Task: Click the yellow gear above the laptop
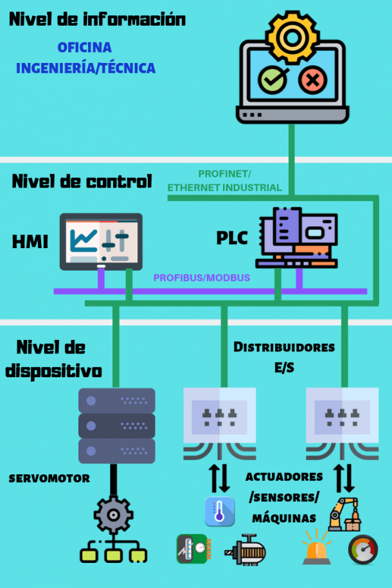[x=293, y=37]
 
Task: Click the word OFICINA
[x=84, y=48]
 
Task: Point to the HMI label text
[x=30, y=242]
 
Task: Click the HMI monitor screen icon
[x=101, y=240]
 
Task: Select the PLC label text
[x=232, y=238]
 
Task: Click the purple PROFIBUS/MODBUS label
[x=201, y=278]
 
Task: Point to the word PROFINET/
[x=224, y=174]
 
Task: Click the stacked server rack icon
[x=116, y=425]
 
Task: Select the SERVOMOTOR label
[x=49, y=479]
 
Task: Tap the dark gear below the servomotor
[x=114, y=515]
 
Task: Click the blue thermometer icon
[x=219, y=512]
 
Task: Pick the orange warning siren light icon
[x=318, y=550]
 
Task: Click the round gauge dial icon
[x=362, y=550]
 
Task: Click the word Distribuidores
[x=284, y=348]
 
